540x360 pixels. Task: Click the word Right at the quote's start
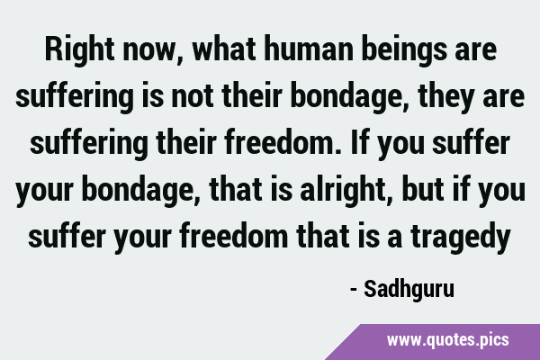click(x=79, y=49)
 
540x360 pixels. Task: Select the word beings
click(x=404, y=50)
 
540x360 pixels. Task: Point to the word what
click(x=224, y=49)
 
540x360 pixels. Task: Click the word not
click(x=193, y=96)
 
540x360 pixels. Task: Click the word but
click(x=423, y=190)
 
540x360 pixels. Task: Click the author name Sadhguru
click(x=409, y=290)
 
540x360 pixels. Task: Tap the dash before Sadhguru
click(x=353, y=291)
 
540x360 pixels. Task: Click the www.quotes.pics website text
click(x=447, y=340)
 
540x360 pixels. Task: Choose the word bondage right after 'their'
click(x=350, y=97)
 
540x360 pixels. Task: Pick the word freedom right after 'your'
click(x=233, y=237)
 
